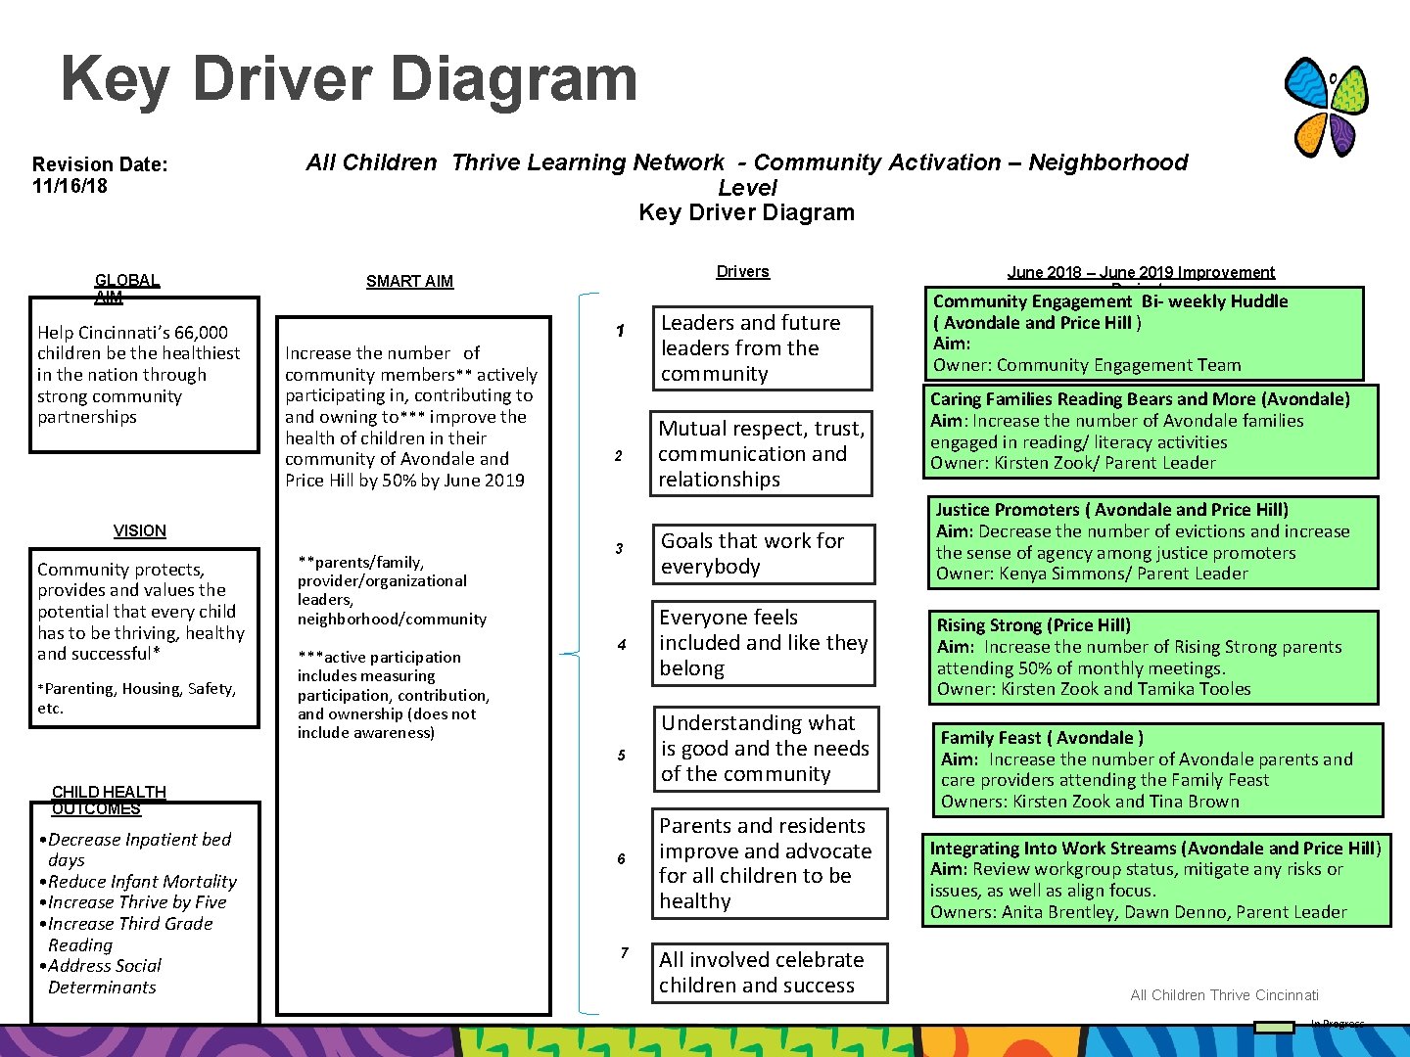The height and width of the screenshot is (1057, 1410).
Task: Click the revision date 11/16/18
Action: [x=70, y=186]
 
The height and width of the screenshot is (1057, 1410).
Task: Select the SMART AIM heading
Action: [x=409, y=282]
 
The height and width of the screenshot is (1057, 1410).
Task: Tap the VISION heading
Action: [x=140, y=531]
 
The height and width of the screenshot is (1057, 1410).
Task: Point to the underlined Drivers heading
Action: [x=742, y=272]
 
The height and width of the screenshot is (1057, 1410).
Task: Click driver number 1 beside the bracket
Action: [x=620, y=332]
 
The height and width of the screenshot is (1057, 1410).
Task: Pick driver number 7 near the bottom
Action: [x=624, y=953]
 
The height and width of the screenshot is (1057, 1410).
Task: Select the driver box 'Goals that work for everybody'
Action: [x=763, y=554]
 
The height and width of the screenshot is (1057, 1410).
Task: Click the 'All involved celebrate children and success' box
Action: [x=770, y=973]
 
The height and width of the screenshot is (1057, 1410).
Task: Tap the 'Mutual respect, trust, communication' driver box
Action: [x=761, y=454]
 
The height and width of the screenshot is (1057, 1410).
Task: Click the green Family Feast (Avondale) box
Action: [x=1159, y=769]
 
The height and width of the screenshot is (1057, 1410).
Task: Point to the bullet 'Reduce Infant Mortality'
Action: [x=142, y=882]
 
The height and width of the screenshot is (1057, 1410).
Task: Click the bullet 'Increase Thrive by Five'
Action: [x=137, y=902]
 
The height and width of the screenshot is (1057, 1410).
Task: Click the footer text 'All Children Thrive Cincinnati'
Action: [x=1224, y=995]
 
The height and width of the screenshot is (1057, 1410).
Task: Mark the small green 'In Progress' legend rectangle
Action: [x=1274, y=1027]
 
